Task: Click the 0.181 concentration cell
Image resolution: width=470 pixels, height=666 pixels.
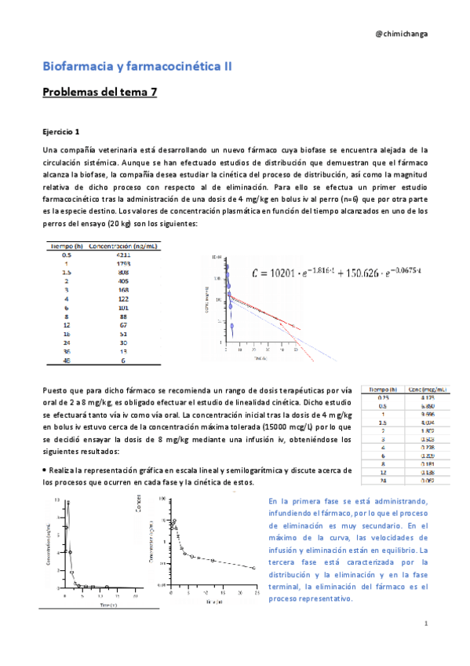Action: click(424, 463)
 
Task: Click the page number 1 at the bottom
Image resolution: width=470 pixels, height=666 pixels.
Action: click(424, 624)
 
